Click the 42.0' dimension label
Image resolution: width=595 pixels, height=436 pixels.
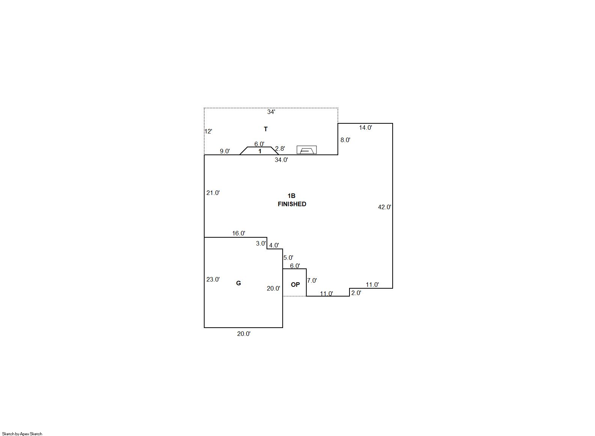(384, 207)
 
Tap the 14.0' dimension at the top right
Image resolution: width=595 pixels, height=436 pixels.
(366, 127)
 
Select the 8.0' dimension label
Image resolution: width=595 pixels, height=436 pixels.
(345, 140)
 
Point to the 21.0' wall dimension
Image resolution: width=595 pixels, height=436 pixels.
(213, 193)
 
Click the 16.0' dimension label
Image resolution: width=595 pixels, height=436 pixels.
(238, 233)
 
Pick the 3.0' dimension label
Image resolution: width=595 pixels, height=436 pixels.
(261, 243)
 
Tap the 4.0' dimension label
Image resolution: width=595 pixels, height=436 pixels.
(274, 245)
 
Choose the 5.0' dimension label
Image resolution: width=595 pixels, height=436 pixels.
(288, 258)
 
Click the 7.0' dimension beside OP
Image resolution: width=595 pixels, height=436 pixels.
(312, 280)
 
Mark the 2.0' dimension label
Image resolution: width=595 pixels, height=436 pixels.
(356, 293)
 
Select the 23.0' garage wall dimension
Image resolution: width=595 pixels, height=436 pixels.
(213, 279)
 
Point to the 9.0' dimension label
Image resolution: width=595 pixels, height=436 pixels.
(225, 151)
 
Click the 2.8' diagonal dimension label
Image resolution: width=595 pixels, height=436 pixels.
(280, 148)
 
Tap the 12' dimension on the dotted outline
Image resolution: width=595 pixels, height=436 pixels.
(208, 131)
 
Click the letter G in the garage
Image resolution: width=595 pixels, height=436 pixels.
(238, 283)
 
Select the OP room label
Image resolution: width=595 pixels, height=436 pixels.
(295, 285)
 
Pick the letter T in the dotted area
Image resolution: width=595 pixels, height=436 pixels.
(266, 129)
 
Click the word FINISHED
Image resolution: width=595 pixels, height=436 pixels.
(292, 204)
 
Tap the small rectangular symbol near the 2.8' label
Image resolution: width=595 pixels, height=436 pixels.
(307, 150)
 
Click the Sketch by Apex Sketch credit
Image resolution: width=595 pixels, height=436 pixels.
(22, 434)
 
